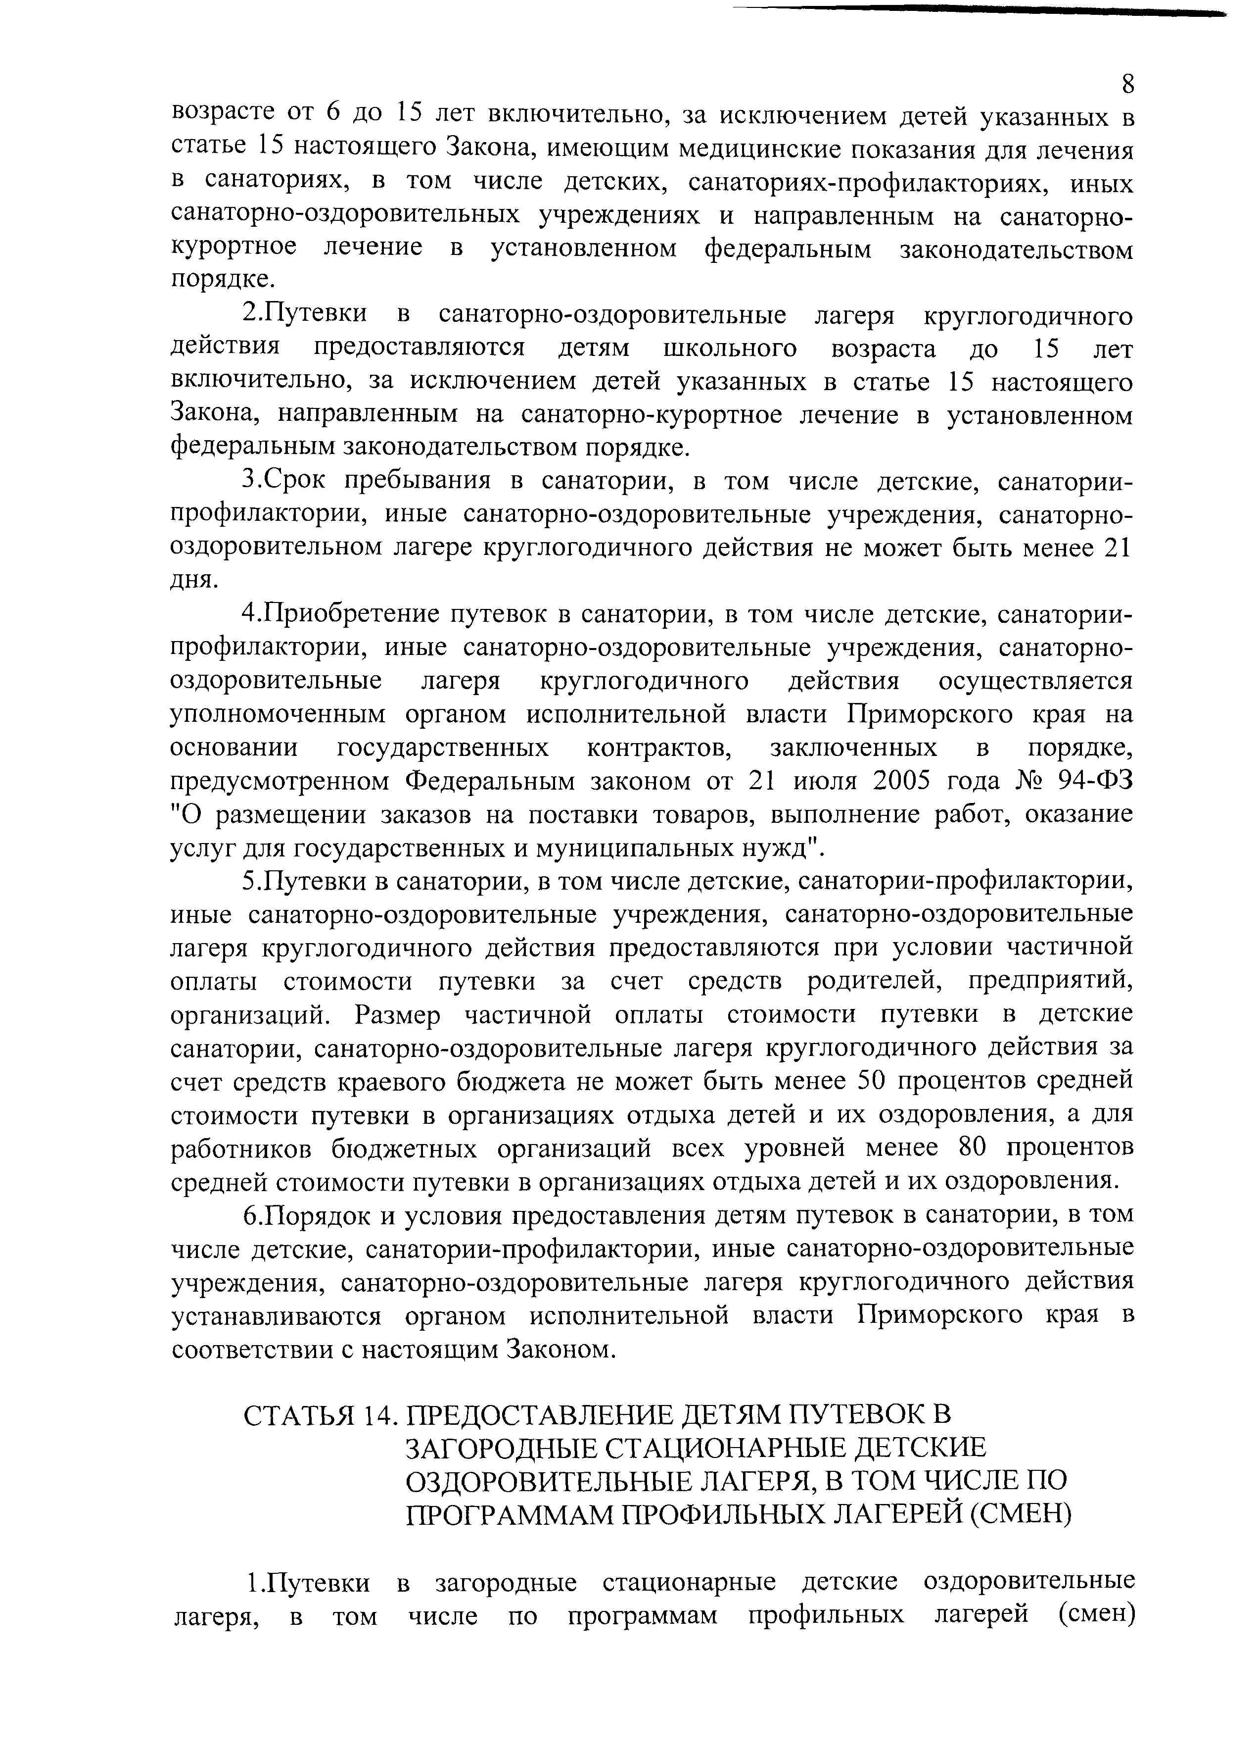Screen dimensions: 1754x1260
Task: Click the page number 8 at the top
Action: [x=1128, y=84]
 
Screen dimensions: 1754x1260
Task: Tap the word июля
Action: [x=823, y=781]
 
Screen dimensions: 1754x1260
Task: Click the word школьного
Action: [x=730, y=349]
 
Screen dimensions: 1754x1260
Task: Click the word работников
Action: [x=241, y=1147]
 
